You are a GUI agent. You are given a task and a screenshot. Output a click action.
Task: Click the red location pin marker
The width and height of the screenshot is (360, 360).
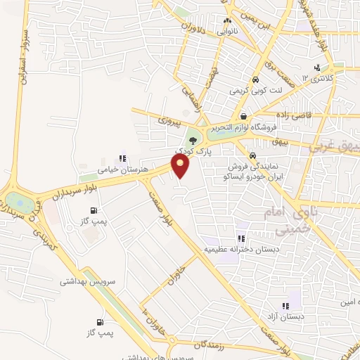point(181,166)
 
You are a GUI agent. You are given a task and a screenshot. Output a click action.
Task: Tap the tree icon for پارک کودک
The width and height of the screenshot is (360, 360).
point(193,141)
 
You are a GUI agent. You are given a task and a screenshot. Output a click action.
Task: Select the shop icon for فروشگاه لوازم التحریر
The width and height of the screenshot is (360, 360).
point(243,117)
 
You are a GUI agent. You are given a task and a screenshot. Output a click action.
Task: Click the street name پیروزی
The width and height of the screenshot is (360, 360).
point(169,122)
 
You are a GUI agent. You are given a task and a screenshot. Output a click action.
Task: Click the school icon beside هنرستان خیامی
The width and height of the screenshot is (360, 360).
point(122,159)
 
